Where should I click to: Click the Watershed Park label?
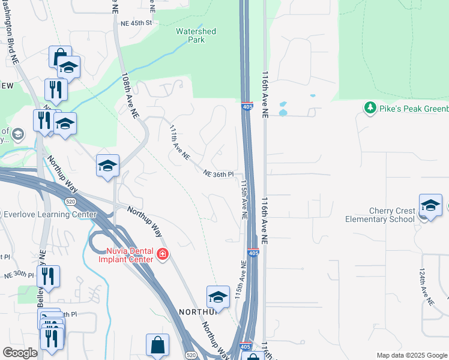pos(196,35)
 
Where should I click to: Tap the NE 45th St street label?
pos(137,23)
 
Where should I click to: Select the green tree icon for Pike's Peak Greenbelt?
pos(370,108)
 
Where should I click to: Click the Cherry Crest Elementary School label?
pos(380,215)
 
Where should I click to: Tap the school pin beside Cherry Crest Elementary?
pos(430,206)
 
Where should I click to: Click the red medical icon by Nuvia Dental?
pos(161,256)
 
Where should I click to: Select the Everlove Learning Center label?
pos(50,214)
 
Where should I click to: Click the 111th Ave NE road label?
pos(179,143)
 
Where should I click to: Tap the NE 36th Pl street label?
pos(218,174)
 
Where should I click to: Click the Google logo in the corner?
pos(20,353)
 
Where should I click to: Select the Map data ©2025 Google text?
pos(412,355)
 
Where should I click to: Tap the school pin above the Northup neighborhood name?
pos(218,297)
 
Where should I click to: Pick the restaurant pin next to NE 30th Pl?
pos(48,277)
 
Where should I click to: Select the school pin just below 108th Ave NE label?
pos(107,166)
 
